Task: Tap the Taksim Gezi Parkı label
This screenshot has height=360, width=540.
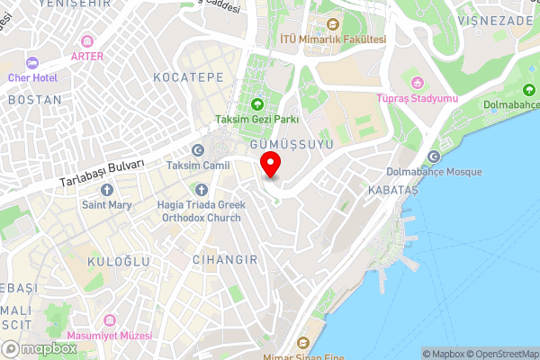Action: pyautogui.click(x=256, y=119)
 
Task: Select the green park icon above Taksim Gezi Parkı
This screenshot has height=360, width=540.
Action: pyautogui.click(x=256, y=103)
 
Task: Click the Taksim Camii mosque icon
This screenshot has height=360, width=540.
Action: pyautogui.click(x=198, y=150)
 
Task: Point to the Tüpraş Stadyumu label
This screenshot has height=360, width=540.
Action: pyautogui.click(x=418, y=97)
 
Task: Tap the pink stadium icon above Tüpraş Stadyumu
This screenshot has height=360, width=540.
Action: pyautogui.click(x=417, y=82)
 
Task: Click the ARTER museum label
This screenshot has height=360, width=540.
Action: pyautogui.click(x=87, y=56)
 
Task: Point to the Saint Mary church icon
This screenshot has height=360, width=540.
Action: pyautogui.click(x=107, y=190)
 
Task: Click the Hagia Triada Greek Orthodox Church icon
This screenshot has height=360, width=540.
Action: pyautogui.click(x=201, y=190)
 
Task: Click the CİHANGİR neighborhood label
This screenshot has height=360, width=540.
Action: pyautogui.click(x=225, y=259)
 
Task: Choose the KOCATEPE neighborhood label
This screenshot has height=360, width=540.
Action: pyautogui.click(x=188, y=77)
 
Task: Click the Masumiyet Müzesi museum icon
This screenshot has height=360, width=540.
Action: pyautogui.click(x=111, y=320)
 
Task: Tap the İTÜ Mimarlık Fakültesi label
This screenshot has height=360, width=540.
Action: pyautogui.click(x=332, y=39)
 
